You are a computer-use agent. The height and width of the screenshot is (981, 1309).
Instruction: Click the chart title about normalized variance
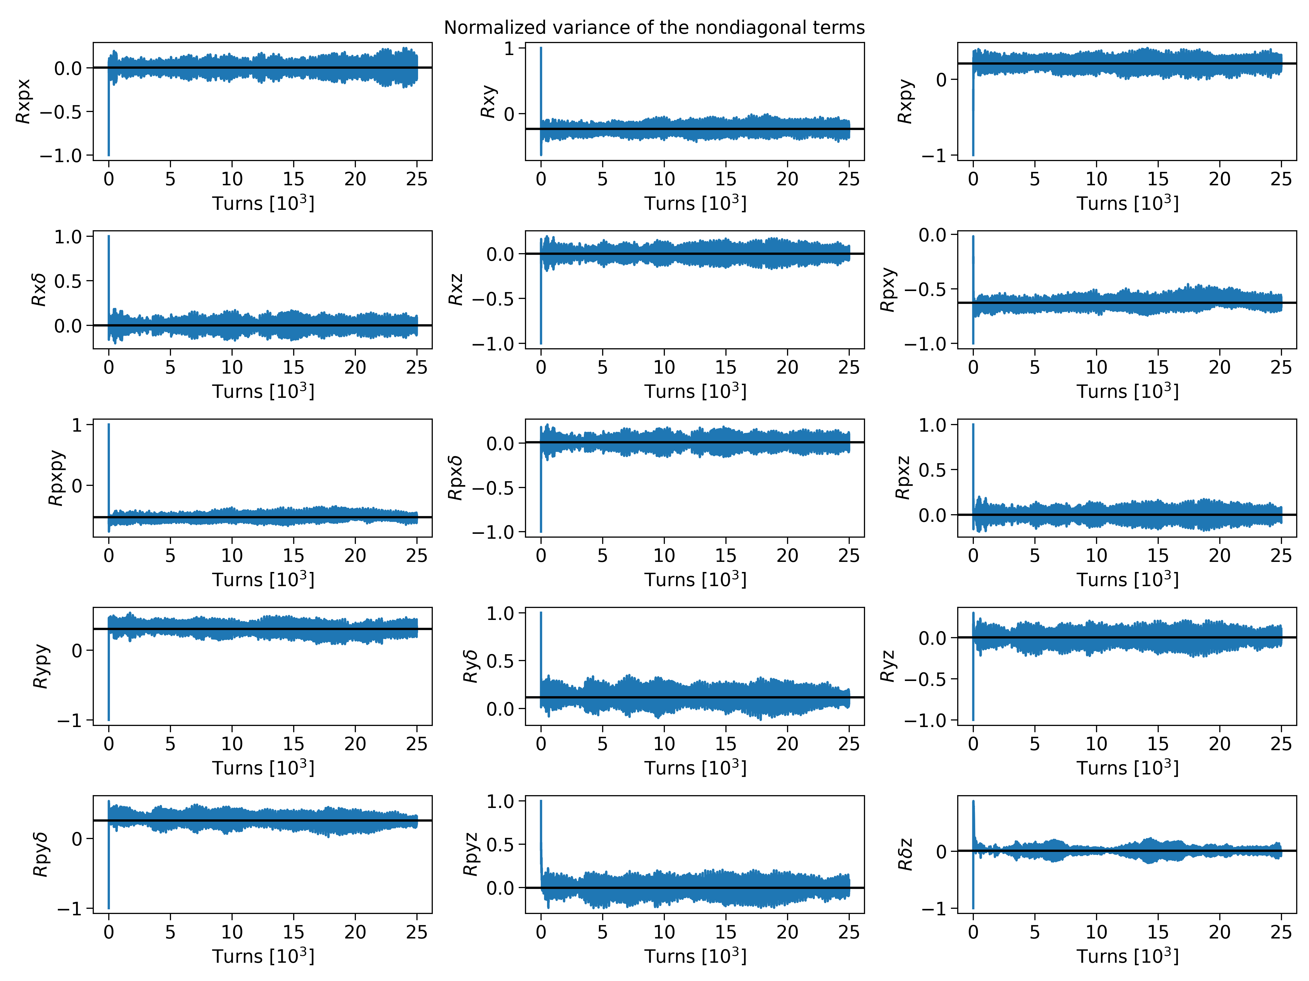click(654, 28)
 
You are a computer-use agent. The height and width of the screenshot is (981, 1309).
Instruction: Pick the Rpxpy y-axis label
click(56, 478)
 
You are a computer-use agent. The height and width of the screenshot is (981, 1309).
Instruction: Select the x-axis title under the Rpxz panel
click(1127, 580)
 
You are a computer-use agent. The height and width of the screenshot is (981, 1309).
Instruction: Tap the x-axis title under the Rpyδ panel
click(263, 956)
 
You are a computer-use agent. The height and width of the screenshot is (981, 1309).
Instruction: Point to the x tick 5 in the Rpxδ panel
click(602, 555)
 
